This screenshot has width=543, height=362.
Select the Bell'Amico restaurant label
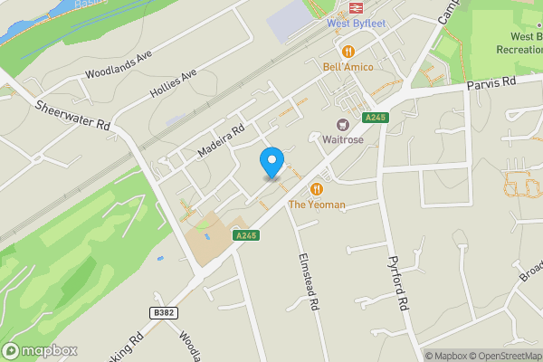348,67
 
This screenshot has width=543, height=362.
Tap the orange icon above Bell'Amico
348,50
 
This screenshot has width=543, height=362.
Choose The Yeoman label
317,205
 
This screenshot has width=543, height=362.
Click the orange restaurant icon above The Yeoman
317,188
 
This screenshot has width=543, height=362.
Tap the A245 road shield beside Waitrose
376,118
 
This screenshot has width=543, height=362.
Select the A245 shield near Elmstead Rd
246,235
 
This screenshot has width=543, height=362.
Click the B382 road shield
162,312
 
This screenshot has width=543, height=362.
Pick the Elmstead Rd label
310,281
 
